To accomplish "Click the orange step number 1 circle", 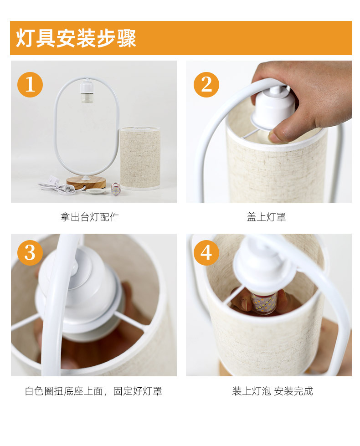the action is click(x=30, y=84).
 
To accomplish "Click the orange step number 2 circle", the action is click(x=206, y=84).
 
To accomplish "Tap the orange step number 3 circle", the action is click(x=30, y=252).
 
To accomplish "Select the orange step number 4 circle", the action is click(x=206, y=252).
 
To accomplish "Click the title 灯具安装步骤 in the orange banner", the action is click(x=76, y=38).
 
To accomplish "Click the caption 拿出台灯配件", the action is click(x=90, y=217).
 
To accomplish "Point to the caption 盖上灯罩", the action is click(x=266, y=217).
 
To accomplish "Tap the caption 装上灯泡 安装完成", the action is click(x=273, y=391).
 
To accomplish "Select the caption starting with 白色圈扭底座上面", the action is click(x=93, y=391).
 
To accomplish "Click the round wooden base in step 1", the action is click(x=86, y=182).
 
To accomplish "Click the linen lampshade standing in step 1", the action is click(x=140, y=159).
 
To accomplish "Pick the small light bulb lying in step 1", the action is click(x=115, y=188).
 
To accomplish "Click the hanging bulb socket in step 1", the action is click(x=87, y=92).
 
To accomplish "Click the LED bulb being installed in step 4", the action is click(x=263, y=303).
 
